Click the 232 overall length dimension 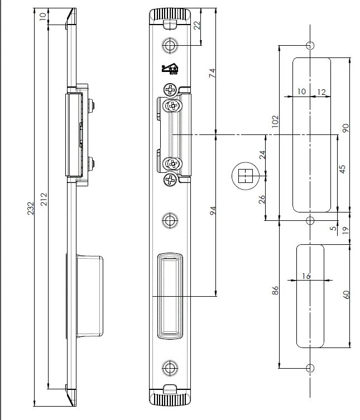31,208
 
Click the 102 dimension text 275,122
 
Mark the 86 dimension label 275,291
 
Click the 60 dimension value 345,294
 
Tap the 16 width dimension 305,276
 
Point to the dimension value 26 262,200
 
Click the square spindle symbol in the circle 243,176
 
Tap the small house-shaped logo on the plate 168,69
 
